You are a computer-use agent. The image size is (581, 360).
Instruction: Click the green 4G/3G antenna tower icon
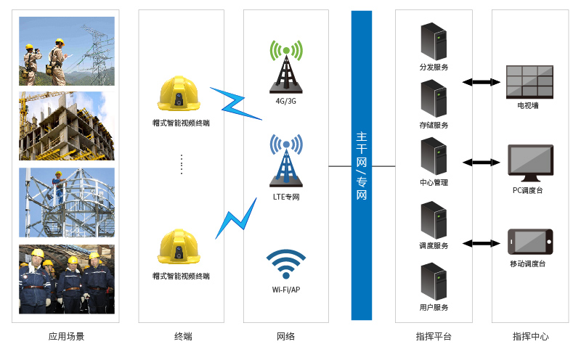pos(286,66)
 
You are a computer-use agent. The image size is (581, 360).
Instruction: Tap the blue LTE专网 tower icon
pos(286,160)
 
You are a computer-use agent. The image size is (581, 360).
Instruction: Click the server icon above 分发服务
pos(434,42)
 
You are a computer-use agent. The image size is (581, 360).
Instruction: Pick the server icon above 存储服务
pos(434,99)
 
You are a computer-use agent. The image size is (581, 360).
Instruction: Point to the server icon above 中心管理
pos(434,156)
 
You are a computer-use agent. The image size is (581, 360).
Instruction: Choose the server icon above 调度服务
pos(434,220)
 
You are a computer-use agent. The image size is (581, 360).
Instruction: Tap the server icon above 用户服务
pos(434,282)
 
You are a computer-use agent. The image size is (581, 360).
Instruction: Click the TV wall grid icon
pos(529,81)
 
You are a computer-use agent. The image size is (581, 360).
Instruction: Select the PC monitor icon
pos(528,163)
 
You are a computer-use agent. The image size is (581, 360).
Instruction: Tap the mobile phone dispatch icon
pos(529,242)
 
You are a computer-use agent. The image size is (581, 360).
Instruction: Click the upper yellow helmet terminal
pos(179,94)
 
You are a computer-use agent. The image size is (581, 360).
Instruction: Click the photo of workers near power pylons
pos(67,51)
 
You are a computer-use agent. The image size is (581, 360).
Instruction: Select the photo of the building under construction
pos(67,126)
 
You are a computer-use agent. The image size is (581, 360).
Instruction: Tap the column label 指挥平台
pos(434,337)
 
